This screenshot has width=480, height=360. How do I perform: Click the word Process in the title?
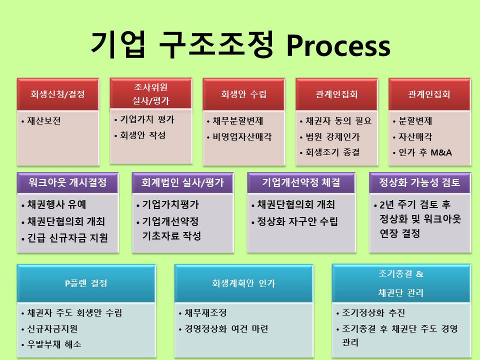tap(338, 46)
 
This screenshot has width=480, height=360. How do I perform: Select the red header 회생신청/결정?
tap(58, 94)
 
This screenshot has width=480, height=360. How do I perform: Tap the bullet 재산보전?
tap(44, 121)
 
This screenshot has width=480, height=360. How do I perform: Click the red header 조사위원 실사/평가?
tap(151, 93)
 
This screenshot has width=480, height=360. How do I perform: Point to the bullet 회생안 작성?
tap(143, 135)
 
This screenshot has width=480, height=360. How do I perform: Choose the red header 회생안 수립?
tap(243, 94)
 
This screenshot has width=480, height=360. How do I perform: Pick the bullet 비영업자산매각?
tap(242, 137)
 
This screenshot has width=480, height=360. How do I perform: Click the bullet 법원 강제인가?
tap(332, 137)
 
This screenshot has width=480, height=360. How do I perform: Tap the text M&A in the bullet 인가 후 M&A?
tap(441, 152)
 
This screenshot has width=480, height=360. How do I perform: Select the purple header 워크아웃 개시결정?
tap(67, 183)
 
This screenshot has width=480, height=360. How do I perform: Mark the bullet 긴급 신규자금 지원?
tap(67, 238)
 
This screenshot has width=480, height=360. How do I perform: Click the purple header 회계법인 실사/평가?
tap(183, 183)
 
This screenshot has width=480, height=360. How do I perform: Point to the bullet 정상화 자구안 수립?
tap(297, 221)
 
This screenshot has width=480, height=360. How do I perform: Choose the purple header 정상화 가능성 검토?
tap(419, 183)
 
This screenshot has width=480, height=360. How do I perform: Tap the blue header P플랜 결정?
tap(86, 283)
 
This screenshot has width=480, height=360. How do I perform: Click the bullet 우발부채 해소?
tap(54, 344)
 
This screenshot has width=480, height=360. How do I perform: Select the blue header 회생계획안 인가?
tap(243, 283)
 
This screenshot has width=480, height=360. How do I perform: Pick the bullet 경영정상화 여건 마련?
tap(226, 329)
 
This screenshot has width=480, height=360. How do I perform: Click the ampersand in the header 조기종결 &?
tap(419, 273)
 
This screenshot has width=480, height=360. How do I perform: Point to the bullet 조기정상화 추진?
tap(373, 313)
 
